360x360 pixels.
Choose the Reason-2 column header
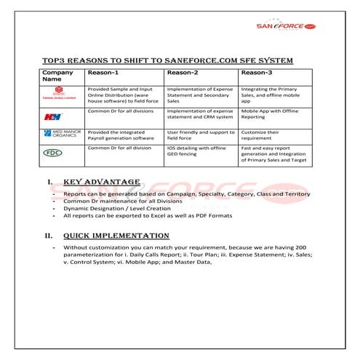(183, 73)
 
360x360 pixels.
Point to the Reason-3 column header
(257, 73)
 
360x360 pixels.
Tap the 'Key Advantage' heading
(102, 182)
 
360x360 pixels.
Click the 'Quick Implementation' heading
(116, 236)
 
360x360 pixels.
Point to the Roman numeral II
(49, 236)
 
